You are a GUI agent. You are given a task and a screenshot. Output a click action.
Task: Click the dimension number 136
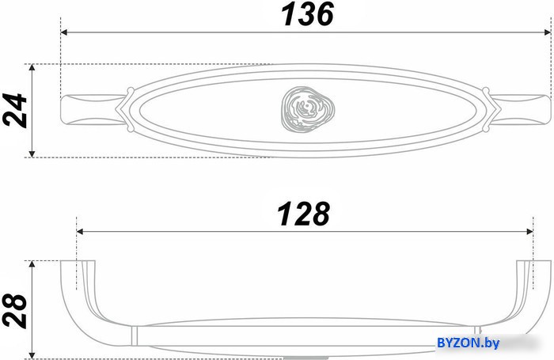(307, 14)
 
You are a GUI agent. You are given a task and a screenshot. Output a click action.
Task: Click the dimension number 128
(304, 214)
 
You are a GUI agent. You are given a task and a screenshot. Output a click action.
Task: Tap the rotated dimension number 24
(15, 110)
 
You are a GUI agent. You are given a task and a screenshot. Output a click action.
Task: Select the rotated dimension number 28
(15, 311)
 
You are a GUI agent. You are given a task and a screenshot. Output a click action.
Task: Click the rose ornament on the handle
(308, 109)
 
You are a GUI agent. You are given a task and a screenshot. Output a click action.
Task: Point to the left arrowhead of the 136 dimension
(64, 32)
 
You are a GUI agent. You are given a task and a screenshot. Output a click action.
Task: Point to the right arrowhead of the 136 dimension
(548, 32)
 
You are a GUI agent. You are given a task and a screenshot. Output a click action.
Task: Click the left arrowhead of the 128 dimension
(80, 231)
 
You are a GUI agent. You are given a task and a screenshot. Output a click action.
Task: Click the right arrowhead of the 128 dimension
(529, 231)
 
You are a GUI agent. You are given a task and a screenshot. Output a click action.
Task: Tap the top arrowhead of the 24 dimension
(32, 67)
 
